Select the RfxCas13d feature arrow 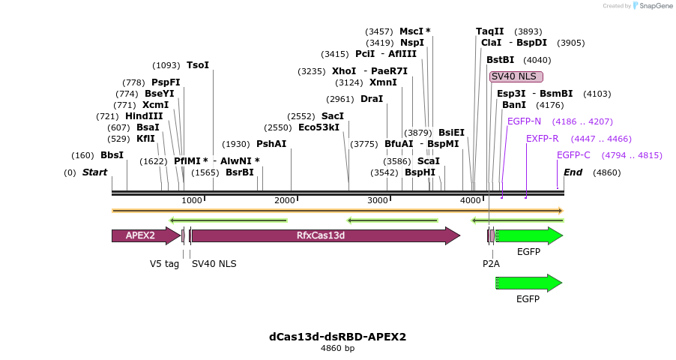[325, 235]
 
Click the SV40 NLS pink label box [516, 76]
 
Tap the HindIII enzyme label [144, 116]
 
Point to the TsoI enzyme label [198, 65]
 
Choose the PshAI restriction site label [271, 143]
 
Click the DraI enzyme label [372, 99]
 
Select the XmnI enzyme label [383, 82]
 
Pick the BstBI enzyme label [501, 59]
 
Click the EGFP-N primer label [524, 121]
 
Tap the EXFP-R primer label [543, 139]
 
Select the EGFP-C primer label [573, 155]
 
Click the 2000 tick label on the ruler [284, 200]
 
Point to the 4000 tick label [470, 200]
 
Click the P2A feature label [491, 263]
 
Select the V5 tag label [164, 263]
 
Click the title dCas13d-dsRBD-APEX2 [337, 337]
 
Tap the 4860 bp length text [337, 349]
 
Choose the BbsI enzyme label [112, 155]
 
